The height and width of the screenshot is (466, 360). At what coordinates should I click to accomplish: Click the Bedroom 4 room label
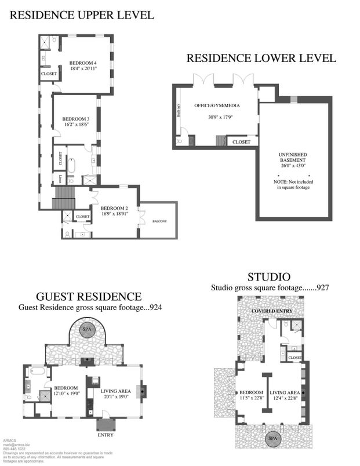[x=82, y=62]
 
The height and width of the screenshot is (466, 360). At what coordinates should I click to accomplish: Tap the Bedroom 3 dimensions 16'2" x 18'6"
[x=76, y=124]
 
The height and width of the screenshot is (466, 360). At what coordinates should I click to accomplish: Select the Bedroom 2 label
[x=114, y=208]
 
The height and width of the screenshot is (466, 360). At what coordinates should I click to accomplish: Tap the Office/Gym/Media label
[x=217, y=105]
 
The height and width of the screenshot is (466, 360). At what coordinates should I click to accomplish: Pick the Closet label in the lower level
[x=241, y=142]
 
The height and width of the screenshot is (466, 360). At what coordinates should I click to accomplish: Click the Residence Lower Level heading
[x=261, y=59]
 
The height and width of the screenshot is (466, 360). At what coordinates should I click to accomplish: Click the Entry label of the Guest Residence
[x=105, y=435]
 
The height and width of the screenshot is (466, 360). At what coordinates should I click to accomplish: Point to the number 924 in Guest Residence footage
[x=155, y=308]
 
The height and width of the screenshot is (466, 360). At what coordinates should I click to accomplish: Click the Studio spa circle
[x=271, y=439]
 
